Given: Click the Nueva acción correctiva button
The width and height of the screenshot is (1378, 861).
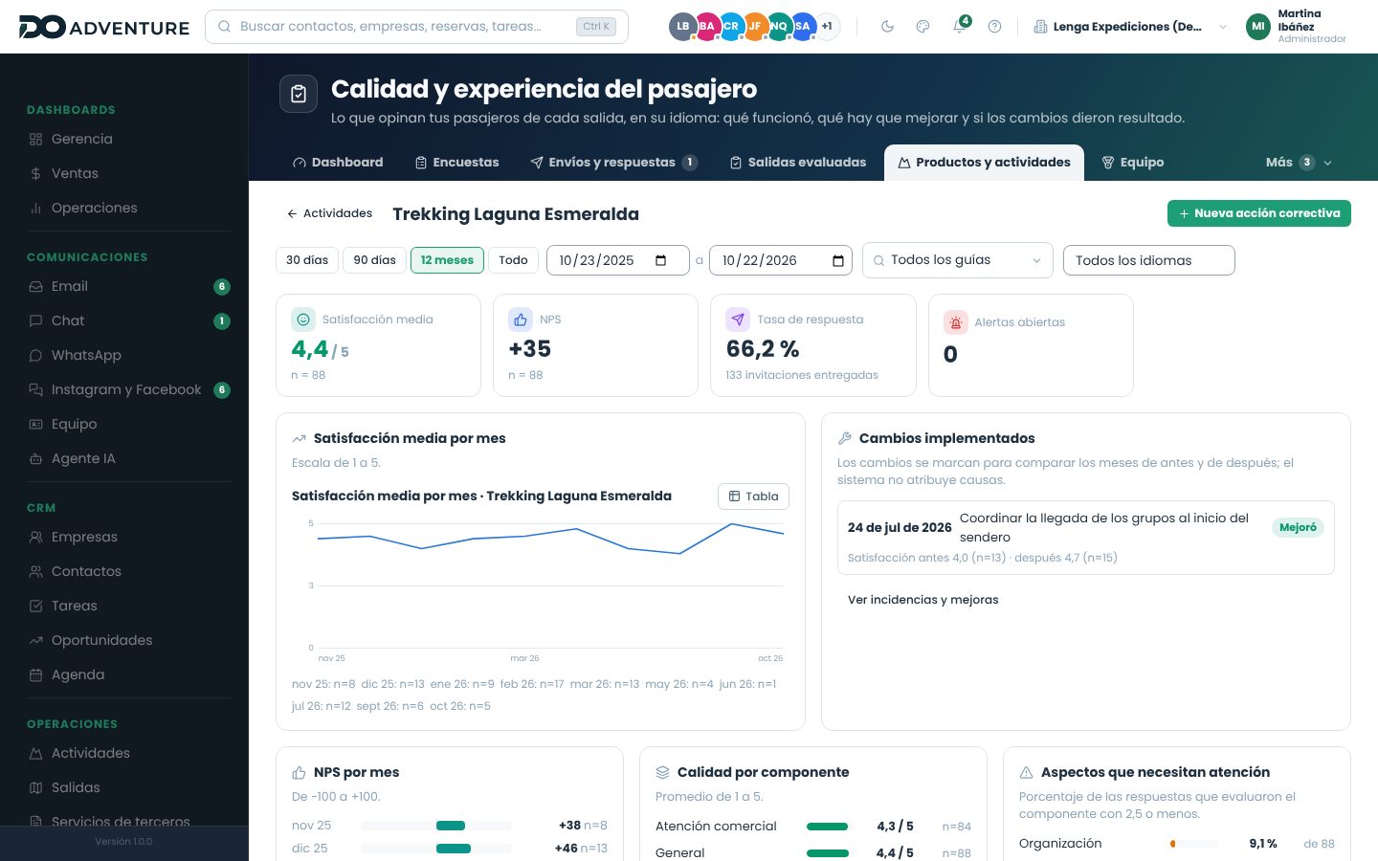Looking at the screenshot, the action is click(x=1258, y=213).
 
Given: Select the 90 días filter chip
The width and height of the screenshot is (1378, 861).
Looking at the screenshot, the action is click(x=374, y=260).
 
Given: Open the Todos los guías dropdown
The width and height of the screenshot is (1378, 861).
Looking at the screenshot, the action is click(x=957, y=260).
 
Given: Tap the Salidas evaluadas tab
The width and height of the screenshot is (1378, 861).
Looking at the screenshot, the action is click(x=798, y=163).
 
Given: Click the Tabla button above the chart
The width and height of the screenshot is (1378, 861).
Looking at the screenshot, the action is click(x=753, y=497).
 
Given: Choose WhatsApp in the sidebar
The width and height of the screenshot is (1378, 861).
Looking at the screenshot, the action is click(x=86, y=356).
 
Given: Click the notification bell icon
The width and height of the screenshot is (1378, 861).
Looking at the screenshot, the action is click(x=959, y=27).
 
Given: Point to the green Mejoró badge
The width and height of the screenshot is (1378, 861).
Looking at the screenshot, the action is click(x=1298, y=527).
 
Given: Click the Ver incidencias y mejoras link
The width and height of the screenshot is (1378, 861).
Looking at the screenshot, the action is click(x=922, y=600).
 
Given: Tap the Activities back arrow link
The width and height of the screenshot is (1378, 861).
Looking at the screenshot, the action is click(x=329, y=213).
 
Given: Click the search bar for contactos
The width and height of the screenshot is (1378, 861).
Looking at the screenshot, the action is click(x=416, y=27).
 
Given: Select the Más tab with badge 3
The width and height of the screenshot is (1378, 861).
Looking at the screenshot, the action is click(x=1298, y=163).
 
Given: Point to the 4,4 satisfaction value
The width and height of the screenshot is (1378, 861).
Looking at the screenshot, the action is click(x=309, y=349).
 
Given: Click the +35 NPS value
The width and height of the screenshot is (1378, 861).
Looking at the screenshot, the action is click(x=530, y=348).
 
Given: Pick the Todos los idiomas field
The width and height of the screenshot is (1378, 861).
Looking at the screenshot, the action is click(x=1148, y=260).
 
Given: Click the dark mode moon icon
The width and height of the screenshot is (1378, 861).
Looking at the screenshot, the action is click(x=887, y=27).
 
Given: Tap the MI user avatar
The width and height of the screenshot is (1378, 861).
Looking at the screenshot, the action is click(x=1258, y=27).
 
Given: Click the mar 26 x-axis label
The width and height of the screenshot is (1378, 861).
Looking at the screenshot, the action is click(x=524, y=658).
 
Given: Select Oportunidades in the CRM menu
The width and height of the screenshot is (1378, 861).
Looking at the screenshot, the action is click(x=101, y=640).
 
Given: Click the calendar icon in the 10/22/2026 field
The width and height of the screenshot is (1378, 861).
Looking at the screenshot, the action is click(x=838, y=260).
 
